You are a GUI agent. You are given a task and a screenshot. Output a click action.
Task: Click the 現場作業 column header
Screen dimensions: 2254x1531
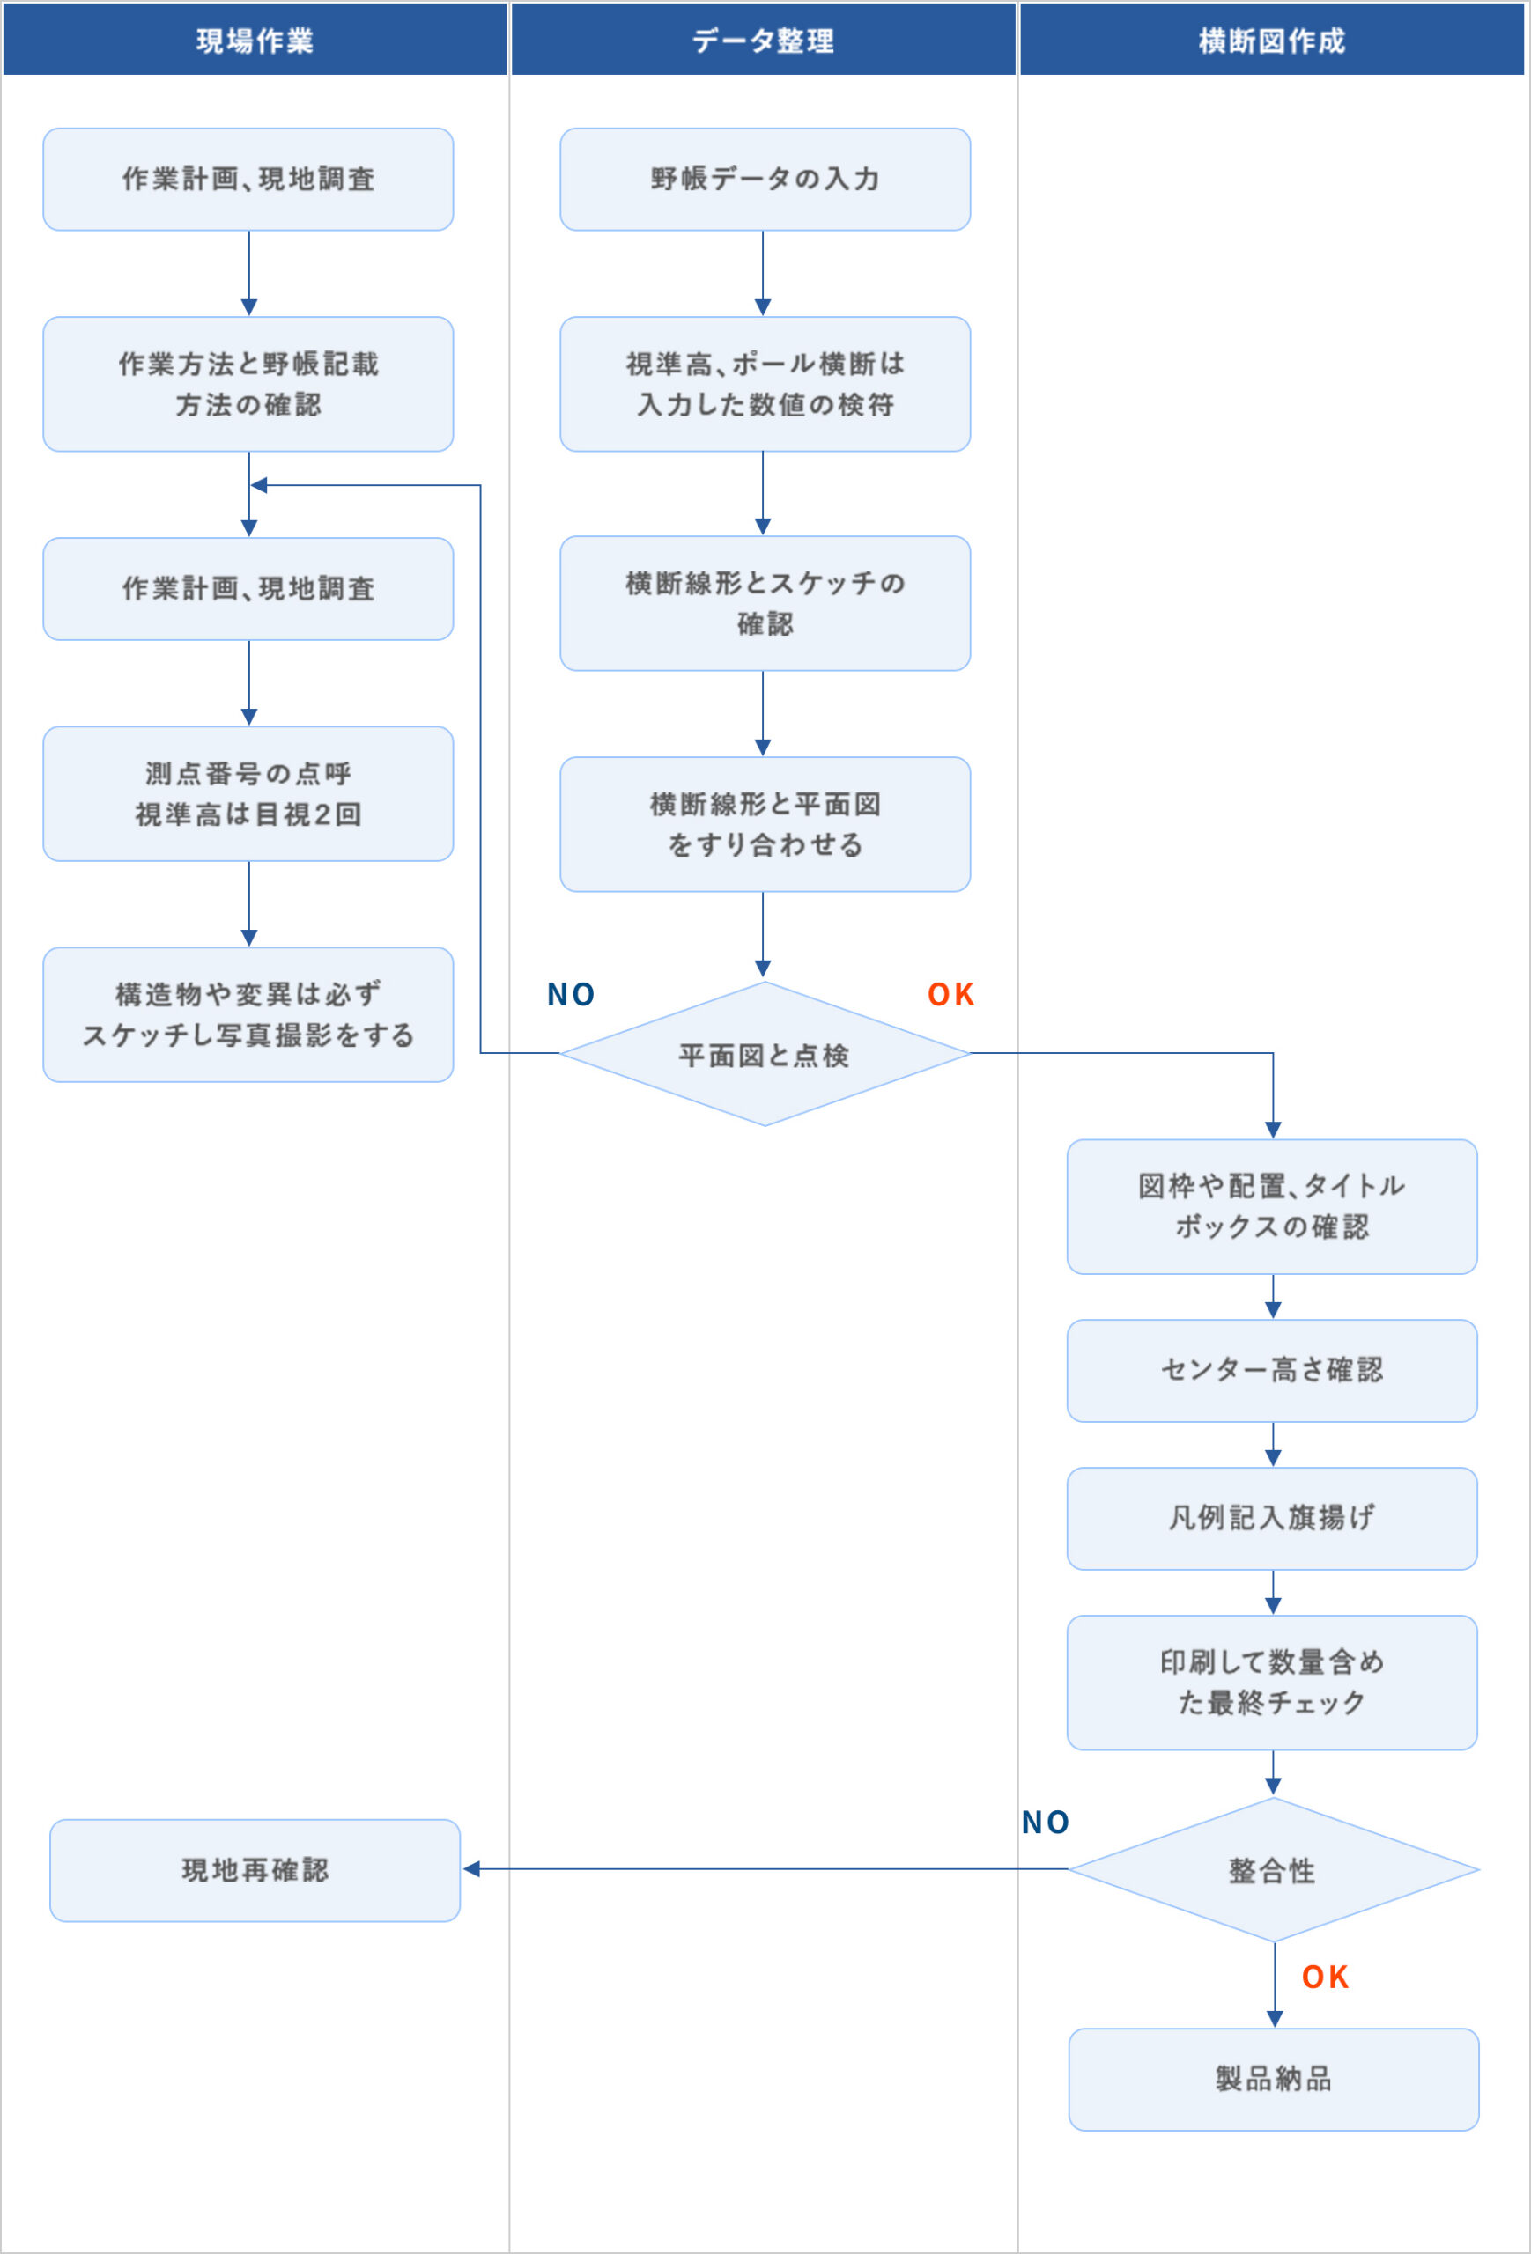point(255,40)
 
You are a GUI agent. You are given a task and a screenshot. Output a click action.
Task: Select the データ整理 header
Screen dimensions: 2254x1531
point(763,40)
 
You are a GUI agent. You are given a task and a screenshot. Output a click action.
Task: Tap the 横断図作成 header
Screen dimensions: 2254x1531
point(1271,40)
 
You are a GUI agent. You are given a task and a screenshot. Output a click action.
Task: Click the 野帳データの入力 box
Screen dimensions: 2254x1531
point(765,180)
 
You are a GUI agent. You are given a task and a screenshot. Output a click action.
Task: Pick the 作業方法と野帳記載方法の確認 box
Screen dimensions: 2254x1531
point(248,384)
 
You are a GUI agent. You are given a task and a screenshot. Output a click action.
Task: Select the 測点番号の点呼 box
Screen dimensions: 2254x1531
point(248,793)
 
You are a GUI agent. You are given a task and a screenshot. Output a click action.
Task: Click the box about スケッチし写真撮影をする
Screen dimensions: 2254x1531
point(248,1014)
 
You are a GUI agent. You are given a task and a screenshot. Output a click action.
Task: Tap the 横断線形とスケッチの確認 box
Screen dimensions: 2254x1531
point(765,603)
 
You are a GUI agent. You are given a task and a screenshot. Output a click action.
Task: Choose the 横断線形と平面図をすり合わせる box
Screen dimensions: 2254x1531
point(765,824)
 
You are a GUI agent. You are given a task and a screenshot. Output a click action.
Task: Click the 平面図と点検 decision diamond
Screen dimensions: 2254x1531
point(765,1054)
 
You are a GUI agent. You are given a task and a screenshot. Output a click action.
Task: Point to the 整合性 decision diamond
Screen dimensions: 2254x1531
point(1273,1870)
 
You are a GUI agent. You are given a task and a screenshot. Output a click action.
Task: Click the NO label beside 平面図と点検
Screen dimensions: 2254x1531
point(571,995)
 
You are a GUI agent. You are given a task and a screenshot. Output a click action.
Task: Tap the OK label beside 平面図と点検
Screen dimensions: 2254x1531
point(950,995)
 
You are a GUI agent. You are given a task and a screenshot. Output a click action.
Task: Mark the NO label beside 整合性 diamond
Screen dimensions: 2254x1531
point(1045,1823)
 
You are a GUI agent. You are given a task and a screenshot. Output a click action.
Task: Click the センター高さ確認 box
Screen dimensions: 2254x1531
point(1272,1370)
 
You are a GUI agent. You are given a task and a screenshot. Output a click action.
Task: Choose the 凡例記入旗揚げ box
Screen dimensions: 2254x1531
point(1272,1518)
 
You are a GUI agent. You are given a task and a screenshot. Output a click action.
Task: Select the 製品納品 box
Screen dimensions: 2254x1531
point(1273,2080)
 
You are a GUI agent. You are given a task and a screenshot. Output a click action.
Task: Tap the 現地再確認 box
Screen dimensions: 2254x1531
point(255,1870)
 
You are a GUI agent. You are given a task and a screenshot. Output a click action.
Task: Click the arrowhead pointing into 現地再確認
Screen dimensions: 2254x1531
point(471,1869)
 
